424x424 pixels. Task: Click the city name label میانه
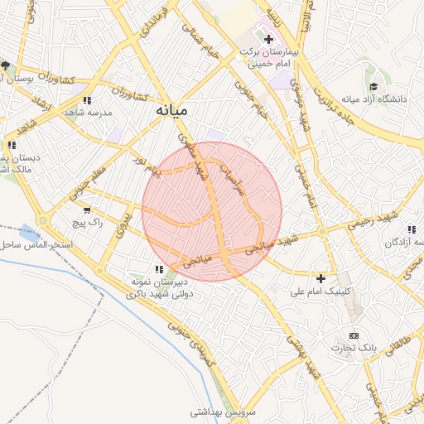tap(171, 109)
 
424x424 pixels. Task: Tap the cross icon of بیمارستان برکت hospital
tap(267, 39)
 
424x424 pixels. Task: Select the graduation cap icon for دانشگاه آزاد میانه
tap(374, 86)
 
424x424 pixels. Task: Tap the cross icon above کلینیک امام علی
tap(320, 278)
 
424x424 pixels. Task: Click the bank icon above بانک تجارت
tap(354, 335)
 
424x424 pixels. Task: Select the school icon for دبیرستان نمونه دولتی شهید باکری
tap(158, 268)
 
